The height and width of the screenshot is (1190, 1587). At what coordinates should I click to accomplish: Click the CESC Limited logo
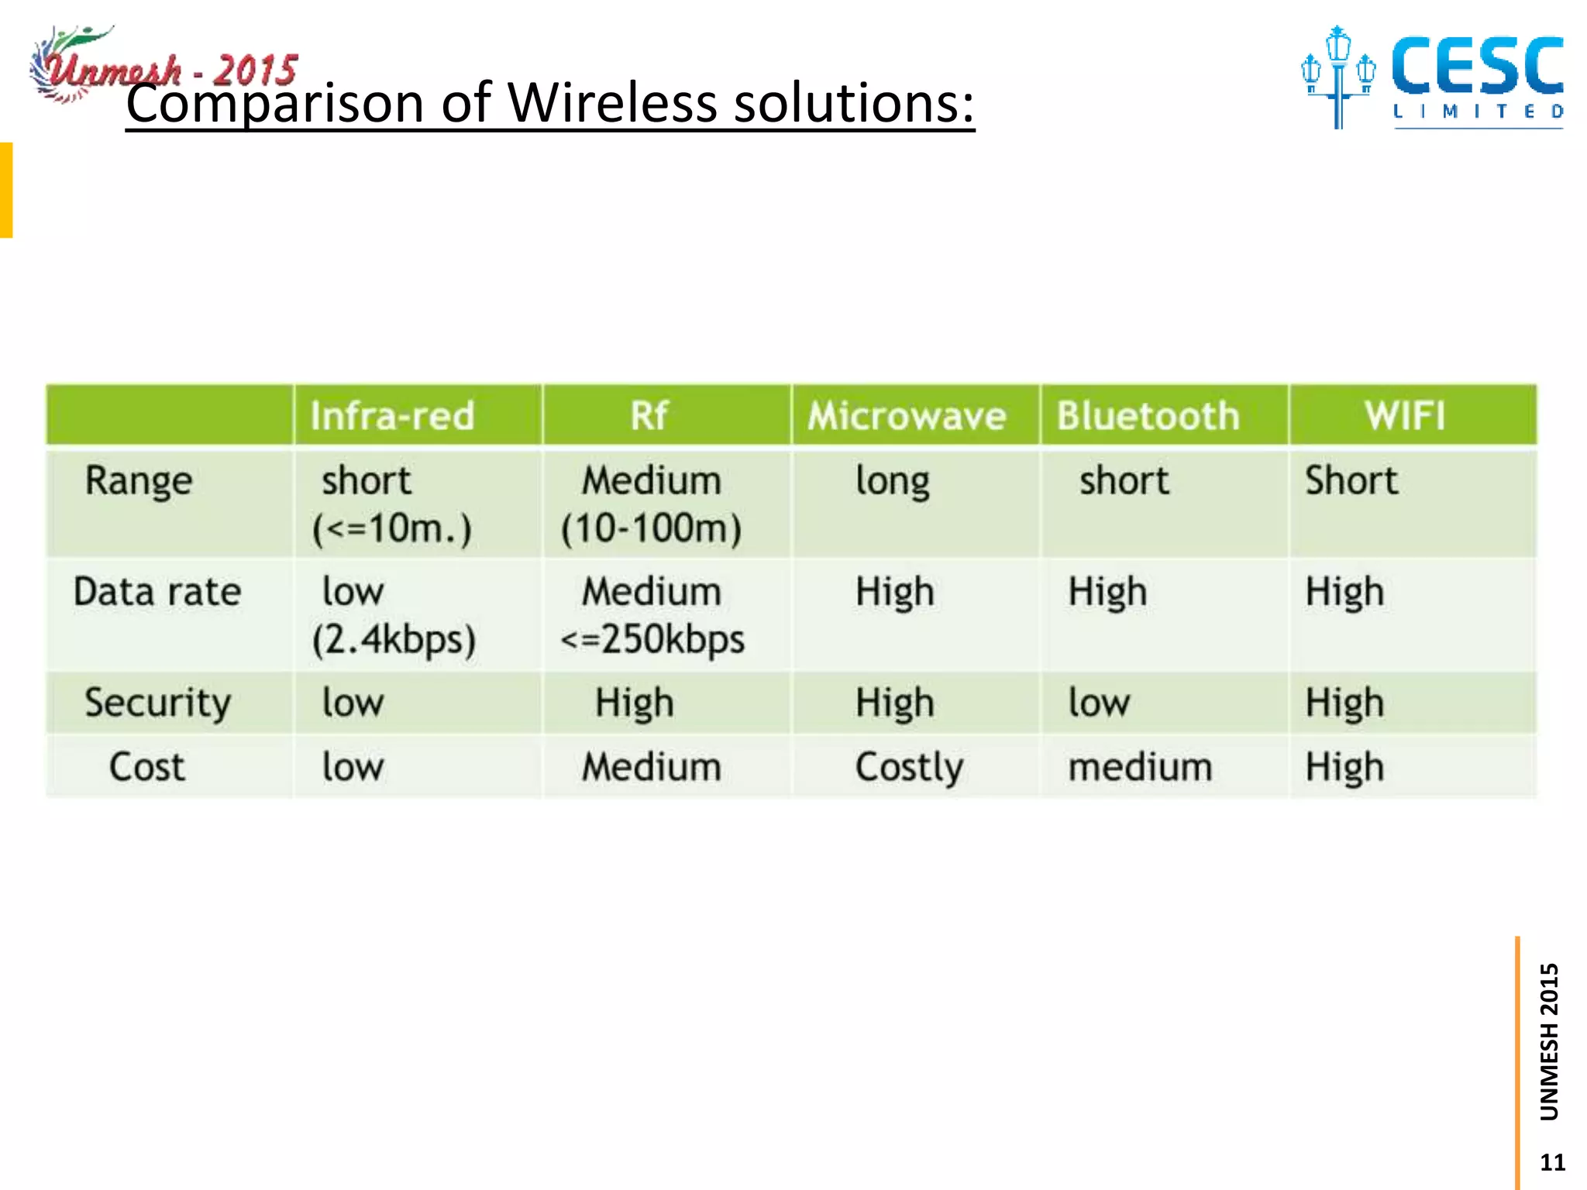[x=1432, y=77]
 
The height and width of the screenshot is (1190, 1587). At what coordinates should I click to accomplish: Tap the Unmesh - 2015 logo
[x=163, y=66]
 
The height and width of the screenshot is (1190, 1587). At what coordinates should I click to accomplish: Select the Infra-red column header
[x=392, y=416]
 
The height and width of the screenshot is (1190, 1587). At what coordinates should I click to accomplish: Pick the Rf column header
[x=649, y=416]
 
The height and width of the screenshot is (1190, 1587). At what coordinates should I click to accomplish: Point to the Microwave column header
[x=907, y=416]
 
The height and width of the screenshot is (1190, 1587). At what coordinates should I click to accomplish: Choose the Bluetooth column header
[x=1148, y=416]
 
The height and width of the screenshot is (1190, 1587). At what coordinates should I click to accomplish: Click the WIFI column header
[x=1405, y=416]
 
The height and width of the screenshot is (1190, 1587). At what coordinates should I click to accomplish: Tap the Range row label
[x=139, y=481]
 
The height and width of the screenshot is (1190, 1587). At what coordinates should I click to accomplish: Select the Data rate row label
[x=157, y=593]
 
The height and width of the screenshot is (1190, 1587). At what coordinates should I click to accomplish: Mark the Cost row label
[x=147, y=768]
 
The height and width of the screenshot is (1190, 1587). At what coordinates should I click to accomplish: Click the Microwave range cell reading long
[x=893, y=481]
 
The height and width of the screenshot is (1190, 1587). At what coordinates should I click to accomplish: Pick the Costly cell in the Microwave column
[x=910, y=768]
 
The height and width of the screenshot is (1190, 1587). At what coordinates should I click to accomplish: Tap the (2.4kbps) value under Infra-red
[x=394, y=641]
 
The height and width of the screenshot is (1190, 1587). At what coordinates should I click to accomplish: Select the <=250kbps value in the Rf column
[x=652, y=641]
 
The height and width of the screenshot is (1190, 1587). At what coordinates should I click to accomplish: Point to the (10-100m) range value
[x=651, y=529]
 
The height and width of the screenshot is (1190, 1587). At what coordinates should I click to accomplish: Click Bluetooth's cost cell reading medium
[x=1140, y=768]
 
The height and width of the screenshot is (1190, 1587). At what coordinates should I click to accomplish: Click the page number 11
[x=1552, y=1162]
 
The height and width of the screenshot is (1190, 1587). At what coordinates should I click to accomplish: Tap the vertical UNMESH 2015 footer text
[x=1549, y=1042]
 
